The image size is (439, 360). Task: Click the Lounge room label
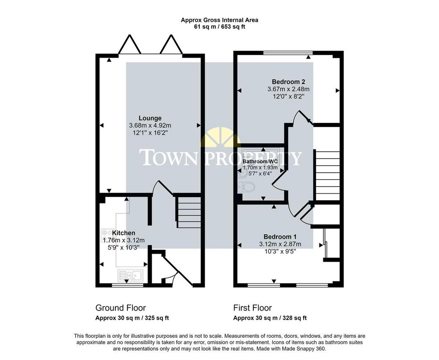150,118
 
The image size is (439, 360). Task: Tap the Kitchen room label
123,233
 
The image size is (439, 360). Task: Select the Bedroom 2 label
289,82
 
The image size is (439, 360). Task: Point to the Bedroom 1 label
280,237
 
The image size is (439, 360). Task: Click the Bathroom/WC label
260,162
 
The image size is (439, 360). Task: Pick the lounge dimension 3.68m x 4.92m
150,126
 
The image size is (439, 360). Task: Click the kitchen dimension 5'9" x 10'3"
123,247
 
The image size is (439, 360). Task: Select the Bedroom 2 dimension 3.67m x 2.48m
289,89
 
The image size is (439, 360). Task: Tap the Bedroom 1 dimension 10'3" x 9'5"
280,252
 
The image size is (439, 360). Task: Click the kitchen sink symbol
130,275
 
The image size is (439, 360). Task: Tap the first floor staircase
328,176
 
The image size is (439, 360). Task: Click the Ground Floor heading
120,308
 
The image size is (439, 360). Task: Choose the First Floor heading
253,308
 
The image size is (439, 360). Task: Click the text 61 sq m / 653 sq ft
219,27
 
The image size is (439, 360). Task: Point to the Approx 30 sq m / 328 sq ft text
270,318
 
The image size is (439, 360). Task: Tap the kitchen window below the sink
127,285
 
